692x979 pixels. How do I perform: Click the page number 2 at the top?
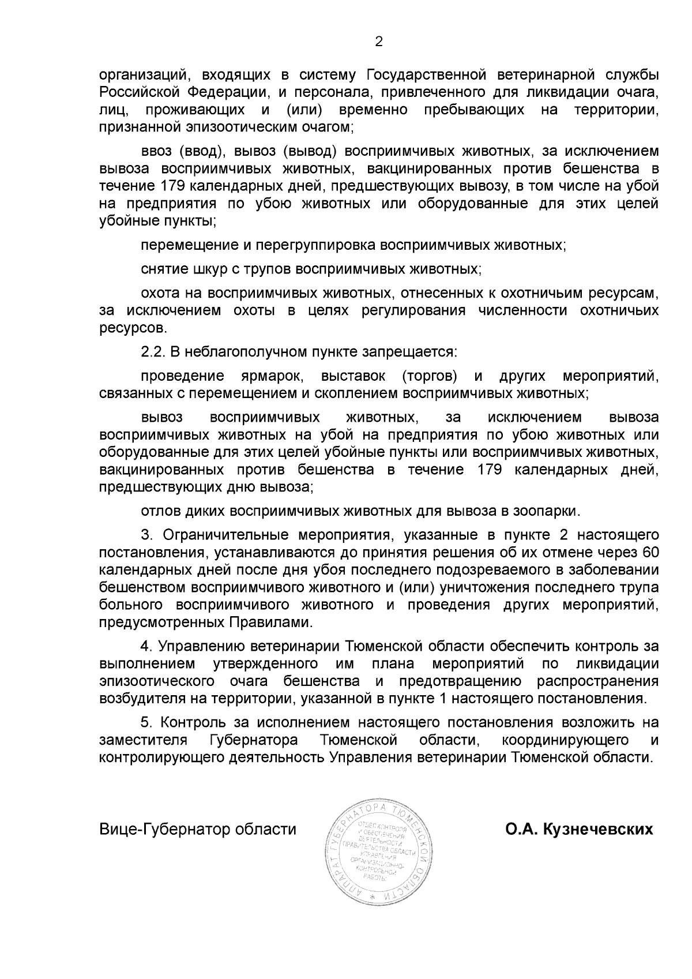point(379,42)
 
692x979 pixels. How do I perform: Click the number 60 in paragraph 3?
point(649,552)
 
